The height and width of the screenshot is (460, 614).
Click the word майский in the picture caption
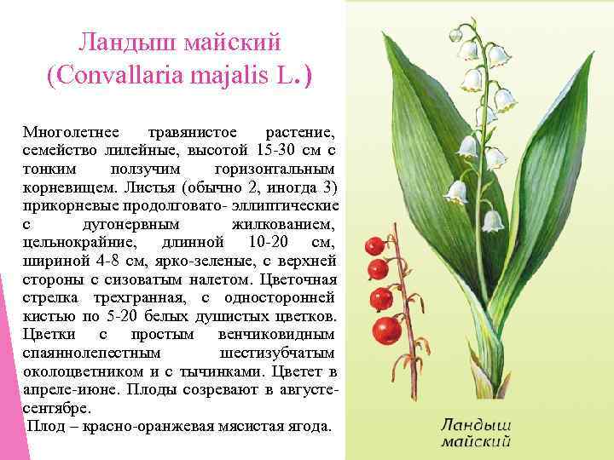pos(477,441)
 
